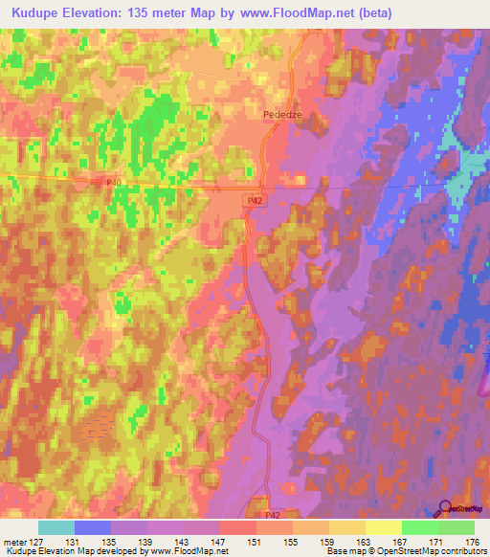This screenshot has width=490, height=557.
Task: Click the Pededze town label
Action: [x=282, y=113]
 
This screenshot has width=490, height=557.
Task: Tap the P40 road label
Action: [x=115, y=181]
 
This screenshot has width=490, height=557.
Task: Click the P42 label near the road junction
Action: [x=254, y=200]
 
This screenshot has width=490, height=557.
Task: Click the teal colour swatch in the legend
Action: [x=56, y=527]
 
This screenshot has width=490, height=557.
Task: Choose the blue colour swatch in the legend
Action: [x=93, y=527]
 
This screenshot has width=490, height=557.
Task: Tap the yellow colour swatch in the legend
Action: [x=383, y=527]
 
